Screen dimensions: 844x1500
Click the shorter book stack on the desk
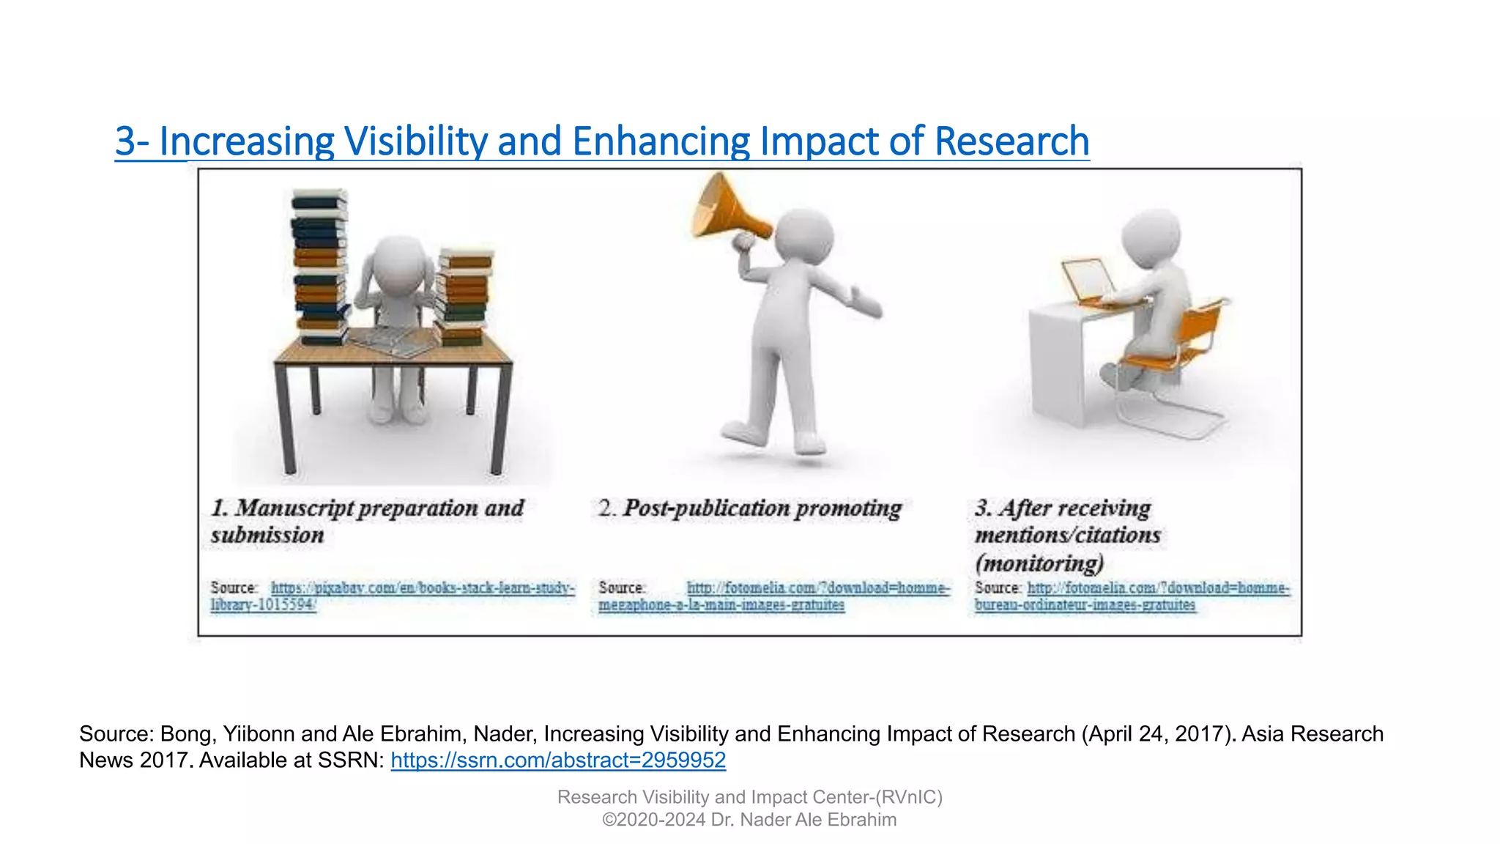(x=463, y=297)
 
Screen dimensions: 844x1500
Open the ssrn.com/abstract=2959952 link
(x=558, y=760)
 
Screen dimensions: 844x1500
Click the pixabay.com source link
(x=422, y=588)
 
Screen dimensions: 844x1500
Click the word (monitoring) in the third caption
(x=1039, y=563)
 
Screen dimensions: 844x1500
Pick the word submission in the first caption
(x=267, y=536)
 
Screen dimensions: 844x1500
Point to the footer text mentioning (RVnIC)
(x=749, y=797)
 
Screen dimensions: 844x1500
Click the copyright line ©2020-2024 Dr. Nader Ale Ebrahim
(x=749, y=820)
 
